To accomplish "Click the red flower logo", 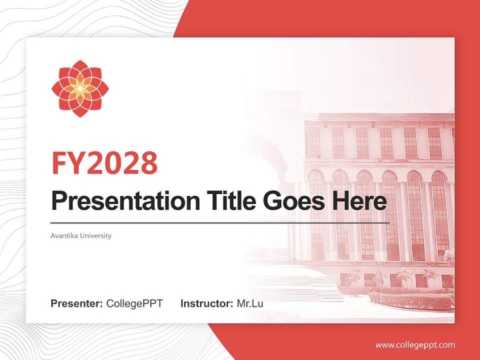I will [x=80, y=89].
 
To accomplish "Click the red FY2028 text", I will [x=104, y=162].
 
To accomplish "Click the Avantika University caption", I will [x=81, y=235].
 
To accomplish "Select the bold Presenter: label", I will [x=77, y=303].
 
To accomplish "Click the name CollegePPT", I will [x=134, y=303].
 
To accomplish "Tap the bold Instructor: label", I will [x=206, y=303].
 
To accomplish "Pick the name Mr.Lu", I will [x=250, y=303].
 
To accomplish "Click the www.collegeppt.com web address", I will [x=415, y=345].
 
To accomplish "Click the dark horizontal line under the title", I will [x=220, y=223].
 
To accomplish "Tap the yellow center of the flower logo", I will [x=80, y=89].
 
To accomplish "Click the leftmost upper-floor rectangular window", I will [x=314, y=142].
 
